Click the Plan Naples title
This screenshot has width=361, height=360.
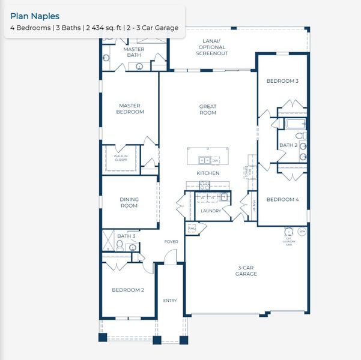tap(35, 16)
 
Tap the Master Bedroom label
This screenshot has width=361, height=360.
tap(130, 109)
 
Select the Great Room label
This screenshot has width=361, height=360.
tap(208, 110)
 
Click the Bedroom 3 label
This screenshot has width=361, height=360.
tap(282, 80)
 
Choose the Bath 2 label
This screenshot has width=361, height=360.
tap(288, 145)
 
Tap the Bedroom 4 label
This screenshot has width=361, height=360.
tap(282, 199)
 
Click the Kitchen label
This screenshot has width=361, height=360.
tap(208, 173)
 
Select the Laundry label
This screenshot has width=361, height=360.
tap(210, 211)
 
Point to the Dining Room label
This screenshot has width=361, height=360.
tap(129, 202)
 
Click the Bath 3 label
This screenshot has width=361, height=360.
tap(126, 236)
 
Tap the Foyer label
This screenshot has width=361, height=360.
tap(172, 242)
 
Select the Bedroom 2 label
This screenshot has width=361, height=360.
tap(128, 290)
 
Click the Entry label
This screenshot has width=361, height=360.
tap(170, 301)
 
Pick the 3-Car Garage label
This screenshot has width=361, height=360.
tap(246, 271)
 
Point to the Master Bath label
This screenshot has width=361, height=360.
tap(133, 52)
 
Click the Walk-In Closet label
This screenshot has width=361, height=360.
tap(121, 158)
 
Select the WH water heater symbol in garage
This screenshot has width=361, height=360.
tap(302, 231)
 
